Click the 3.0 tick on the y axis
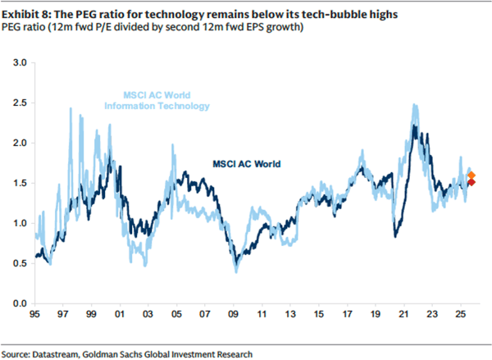[20, 62]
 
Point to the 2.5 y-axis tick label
[20, 103]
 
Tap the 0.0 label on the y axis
[20, 303]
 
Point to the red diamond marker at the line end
[471, 182]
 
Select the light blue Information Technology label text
[157, 106]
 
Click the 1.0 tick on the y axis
[20, 223]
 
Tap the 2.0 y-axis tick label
[20, 143]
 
